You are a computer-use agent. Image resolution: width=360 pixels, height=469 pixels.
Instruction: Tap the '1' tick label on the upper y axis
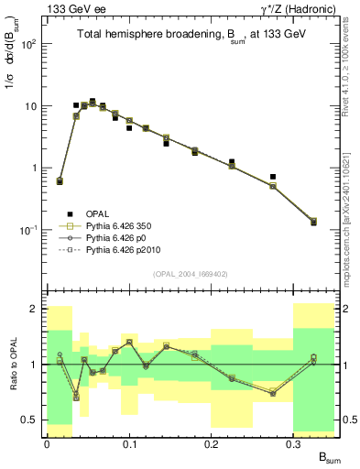pyautogui.click(x=36, y=169)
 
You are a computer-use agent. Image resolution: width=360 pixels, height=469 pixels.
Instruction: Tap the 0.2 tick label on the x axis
pyautogui.click(x=211, y=443)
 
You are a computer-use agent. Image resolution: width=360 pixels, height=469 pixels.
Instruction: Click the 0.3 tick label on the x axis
pyautogui.click(x=293, y=443)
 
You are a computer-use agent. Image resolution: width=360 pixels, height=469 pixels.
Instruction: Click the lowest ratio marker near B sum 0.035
pyautogui.click(x=76, y=398)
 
